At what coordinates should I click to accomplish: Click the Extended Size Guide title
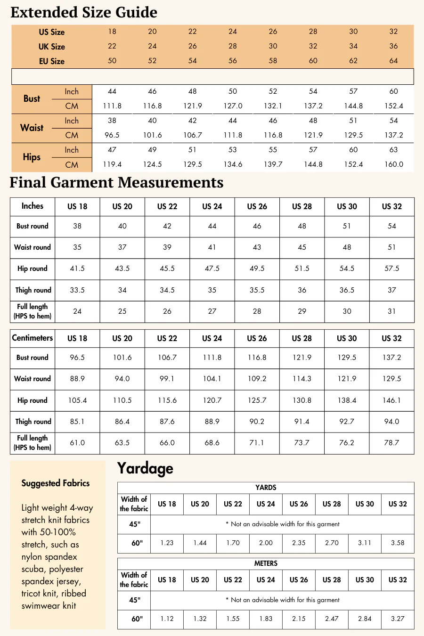click(84, 12)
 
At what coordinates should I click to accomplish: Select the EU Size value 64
click(393, 61)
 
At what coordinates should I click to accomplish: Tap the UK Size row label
click(52, 47)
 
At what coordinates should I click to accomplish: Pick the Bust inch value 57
click(353, 91)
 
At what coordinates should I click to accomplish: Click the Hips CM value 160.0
click(393, 164)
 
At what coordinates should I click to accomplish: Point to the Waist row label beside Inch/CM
click(32, 128)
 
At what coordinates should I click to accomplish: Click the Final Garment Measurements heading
click(116, 182)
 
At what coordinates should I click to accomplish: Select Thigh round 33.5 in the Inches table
click(77, 290)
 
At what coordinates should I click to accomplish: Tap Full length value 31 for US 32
click(391, 311)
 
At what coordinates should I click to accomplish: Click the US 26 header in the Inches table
click(257, 206)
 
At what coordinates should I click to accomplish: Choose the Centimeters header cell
click(33, 338)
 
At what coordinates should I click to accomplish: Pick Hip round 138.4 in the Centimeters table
click(347, 400)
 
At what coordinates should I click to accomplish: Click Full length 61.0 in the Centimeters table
click(77, 443)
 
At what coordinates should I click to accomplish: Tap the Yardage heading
click(145, 468)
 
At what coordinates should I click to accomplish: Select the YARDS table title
click(266, 488)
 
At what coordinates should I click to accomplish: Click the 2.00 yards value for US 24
click(266, 543)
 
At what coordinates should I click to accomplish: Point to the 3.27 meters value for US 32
click(398, 619)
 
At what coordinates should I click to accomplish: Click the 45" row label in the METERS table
click(135, 600)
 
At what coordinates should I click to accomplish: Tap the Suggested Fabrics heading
click(56, 483)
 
